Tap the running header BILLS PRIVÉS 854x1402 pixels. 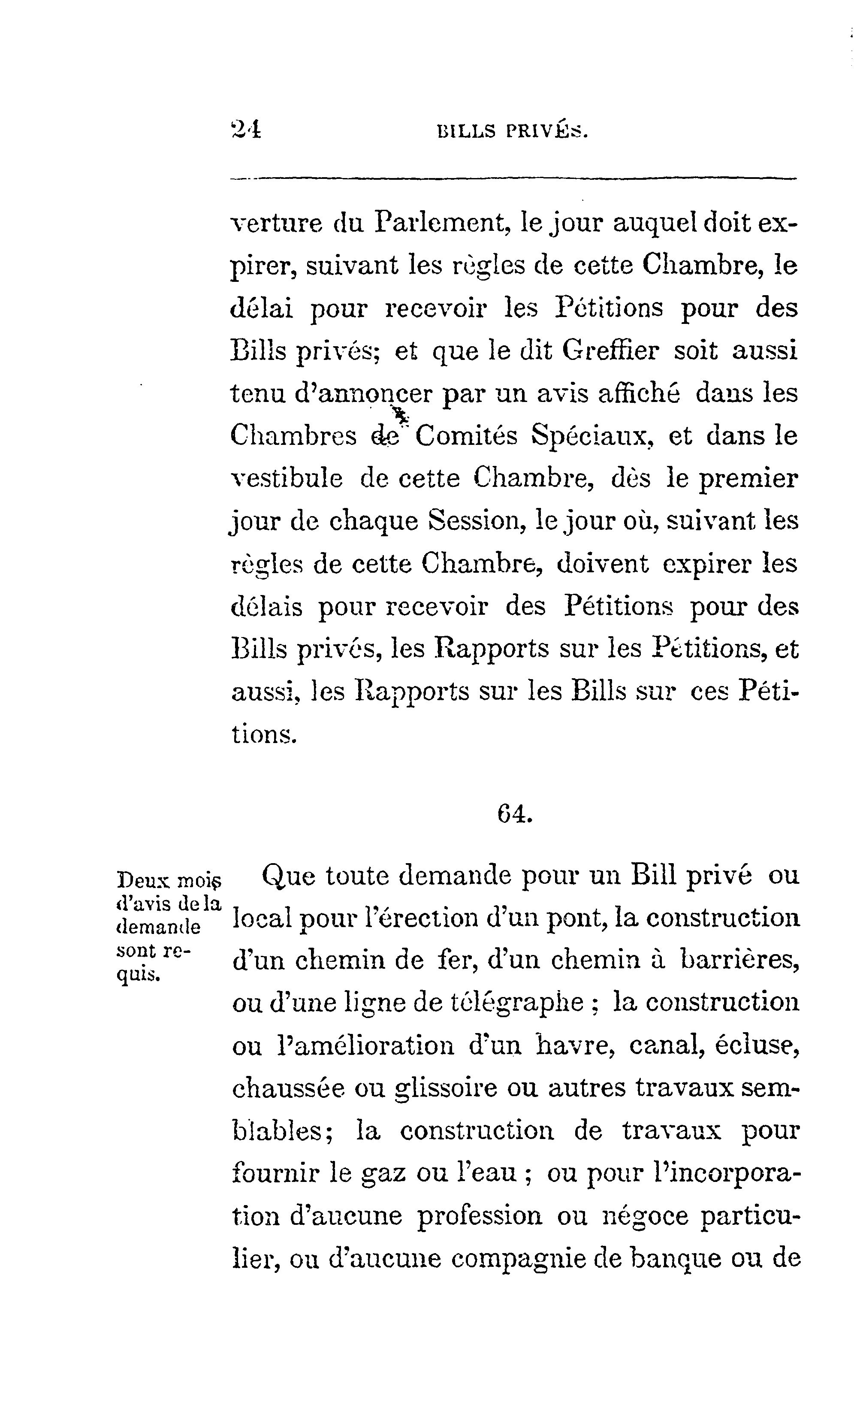511,132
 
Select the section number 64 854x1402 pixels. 514,815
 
